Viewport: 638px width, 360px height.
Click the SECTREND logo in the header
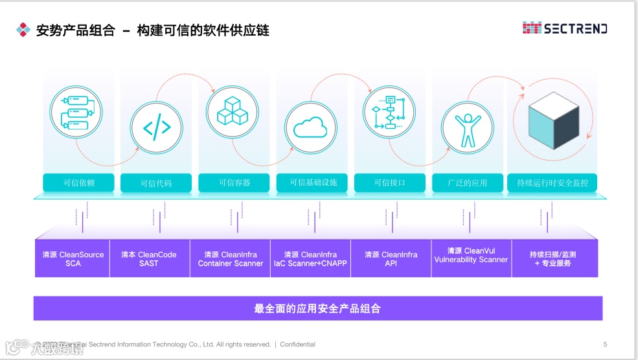click(x=565, y=28)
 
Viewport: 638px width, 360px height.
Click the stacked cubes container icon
click(x=232, y=111)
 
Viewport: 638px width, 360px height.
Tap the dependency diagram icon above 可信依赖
click(x=76, y=111)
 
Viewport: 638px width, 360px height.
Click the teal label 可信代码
click(x=156, y=183)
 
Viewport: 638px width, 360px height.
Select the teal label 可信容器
click(x=234, y=183)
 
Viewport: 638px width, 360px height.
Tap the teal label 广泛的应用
click(x=467, y=183)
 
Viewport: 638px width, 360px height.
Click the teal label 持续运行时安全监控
click(x=552, y=183)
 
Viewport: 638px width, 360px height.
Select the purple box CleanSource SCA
click(x=73, y=259)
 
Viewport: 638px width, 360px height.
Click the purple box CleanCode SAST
click(x=149, y=259)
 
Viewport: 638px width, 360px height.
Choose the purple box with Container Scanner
click(x=230, y=259)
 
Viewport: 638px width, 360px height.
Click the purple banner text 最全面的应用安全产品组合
click(x=317, y=309)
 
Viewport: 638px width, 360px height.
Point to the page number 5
click(x=605, y=344)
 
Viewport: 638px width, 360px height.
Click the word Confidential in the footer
click(x=297, y=344)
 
